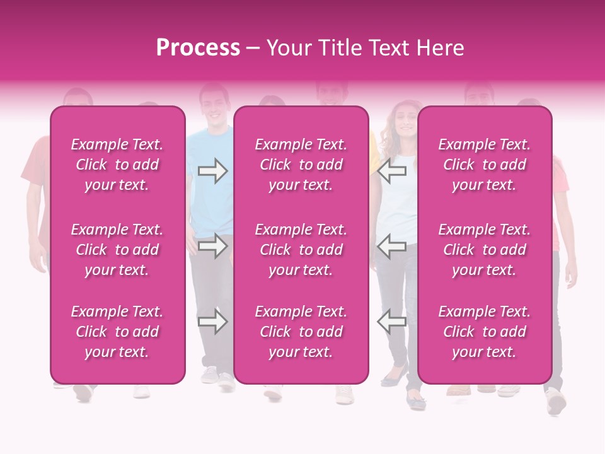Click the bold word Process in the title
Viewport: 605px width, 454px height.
pyautogui.click(x=198, y=48)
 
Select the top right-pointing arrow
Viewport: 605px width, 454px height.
pyautogui.click(x=212, y=170)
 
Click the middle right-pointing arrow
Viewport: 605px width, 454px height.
pyautogui.click(x=212, y=246)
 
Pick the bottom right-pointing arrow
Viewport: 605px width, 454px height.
pyautogui.click(x=212, y=322)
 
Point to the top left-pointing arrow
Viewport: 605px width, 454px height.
pyautogui.click(x=391, y=170)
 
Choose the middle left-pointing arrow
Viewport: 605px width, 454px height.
pyautogui.click(x=391, y=246)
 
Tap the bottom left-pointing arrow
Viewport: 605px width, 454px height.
pyautogui.click(x=391, y=322)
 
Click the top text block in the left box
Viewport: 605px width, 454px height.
pyautogui.click(x=117, y=165)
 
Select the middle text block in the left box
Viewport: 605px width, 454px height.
pyautogui.click(x=117, y=250)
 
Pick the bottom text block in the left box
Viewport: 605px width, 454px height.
pyautogui.click(x=117, y=332)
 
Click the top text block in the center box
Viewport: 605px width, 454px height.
pyautogui.click(x=301, y=165)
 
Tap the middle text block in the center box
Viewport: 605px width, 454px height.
pyautogui.click(x=301, y=250)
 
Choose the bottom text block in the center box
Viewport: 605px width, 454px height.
pyautogui.click(x=301, y=332)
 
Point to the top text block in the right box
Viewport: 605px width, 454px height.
pyautogui.click(x=484, y=165)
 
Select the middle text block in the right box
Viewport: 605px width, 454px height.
pyautogui.click(x=484, y=250)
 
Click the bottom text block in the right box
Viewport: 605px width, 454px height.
pyautogui.click(x=484, y=332)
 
